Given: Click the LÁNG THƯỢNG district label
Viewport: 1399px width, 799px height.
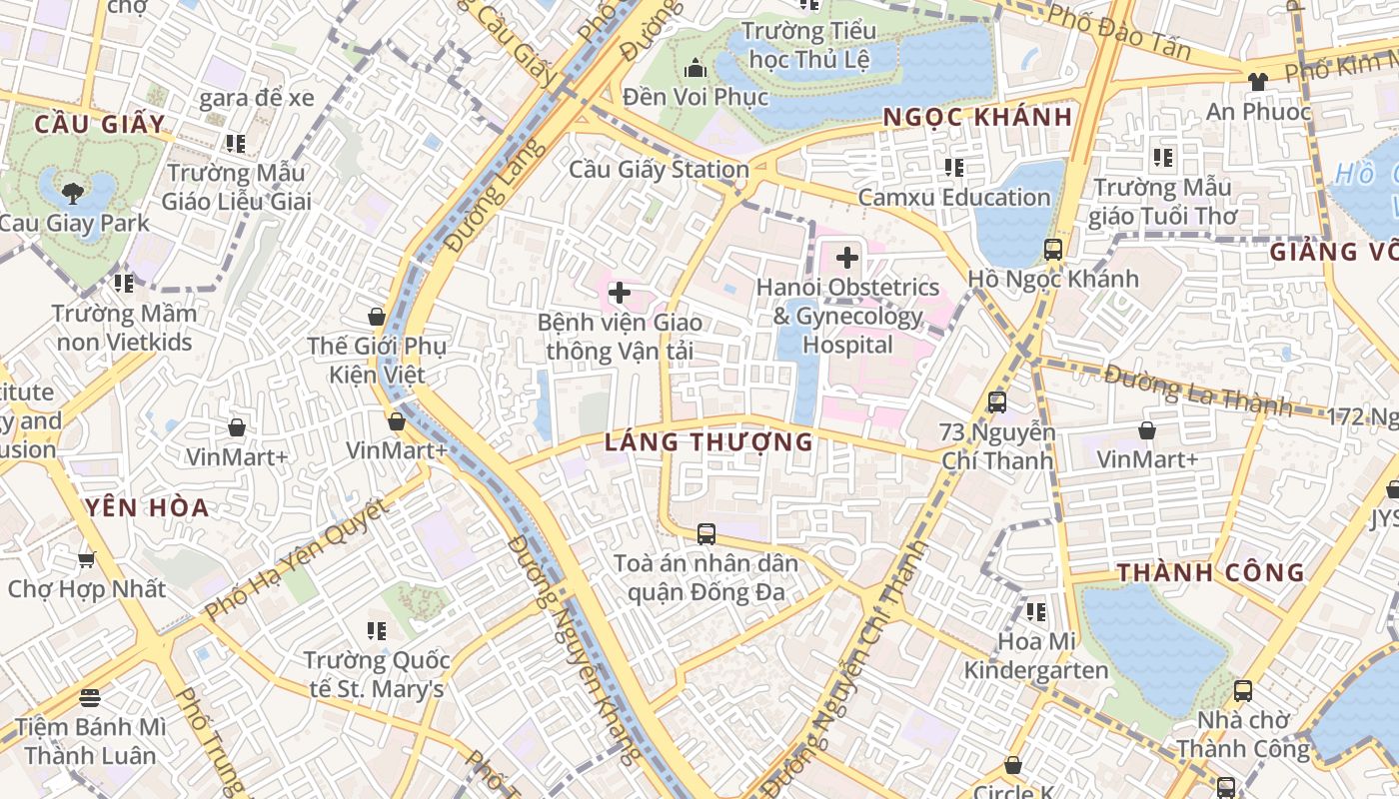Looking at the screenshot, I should click(x=708, y=441).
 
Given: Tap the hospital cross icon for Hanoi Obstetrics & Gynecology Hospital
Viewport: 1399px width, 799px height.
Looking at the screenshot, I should click(x=847, y=259).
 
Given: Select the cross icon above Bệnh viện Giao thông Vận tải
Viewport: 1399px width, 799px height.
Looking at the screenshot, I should click(x=620, y=293).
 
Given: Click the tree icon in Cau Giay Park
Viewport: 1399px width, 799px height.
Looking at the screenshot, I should click(x=72, y=192).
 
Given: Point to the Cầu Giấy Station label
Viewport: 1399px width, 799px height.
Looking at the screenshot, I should click(x=659, y=170).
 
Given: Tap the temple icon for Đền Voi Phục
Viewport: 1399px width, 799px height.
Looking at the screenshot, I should click(x=695, y=68).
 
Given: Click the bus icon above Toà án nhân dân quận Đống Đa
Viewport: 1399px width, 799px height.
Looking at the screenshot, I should click(x=706, y=533).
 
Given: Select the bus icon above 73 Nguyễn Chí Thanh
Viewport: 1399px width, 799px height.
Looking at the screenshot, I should click(x=996, y=402).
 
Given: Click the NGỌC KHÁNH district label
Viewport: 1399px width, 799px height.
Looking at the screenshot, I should click(x=977, y=118).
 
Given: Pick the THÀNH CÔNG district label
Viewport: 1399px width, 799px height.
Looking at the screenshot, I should click(x=1210, y=573).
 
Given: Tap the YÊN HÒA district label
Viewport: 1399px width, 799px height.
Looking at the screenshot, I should click(x=148, y=508).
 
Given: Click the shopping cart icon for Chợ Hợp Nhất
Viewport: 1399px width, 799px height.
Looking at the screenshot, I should click(x=87, y=559).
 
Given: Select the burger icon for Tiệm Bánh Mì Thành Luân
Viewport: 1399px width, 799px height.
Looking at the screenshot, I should click(x=90, y=696).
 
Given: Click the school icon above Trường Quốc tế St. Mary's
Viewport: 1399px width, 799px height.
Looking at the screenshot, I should click(x=376, y=630).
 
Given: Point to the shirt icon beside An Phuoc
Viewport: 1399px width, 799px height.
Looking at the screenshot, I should click(x=1257, y=82).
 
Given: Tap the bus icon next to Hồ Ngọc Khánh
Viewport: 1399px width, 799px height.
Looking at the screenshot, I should click(x=1052, y=250).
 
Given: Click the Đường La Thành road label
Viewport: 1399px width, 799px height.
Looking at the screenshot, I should click(x=1198, y=391).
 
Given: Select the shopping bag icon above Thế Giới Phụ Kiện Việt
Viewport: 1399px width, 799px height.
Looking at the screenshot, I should click(x=377, y=317).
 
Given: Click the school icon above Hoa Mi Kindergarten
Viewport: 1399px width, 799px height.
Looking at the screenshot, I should click(x=1035, y=611).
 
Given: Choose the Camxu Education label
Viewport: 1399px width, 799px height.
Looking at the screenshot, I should click(x=953, y=198).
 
